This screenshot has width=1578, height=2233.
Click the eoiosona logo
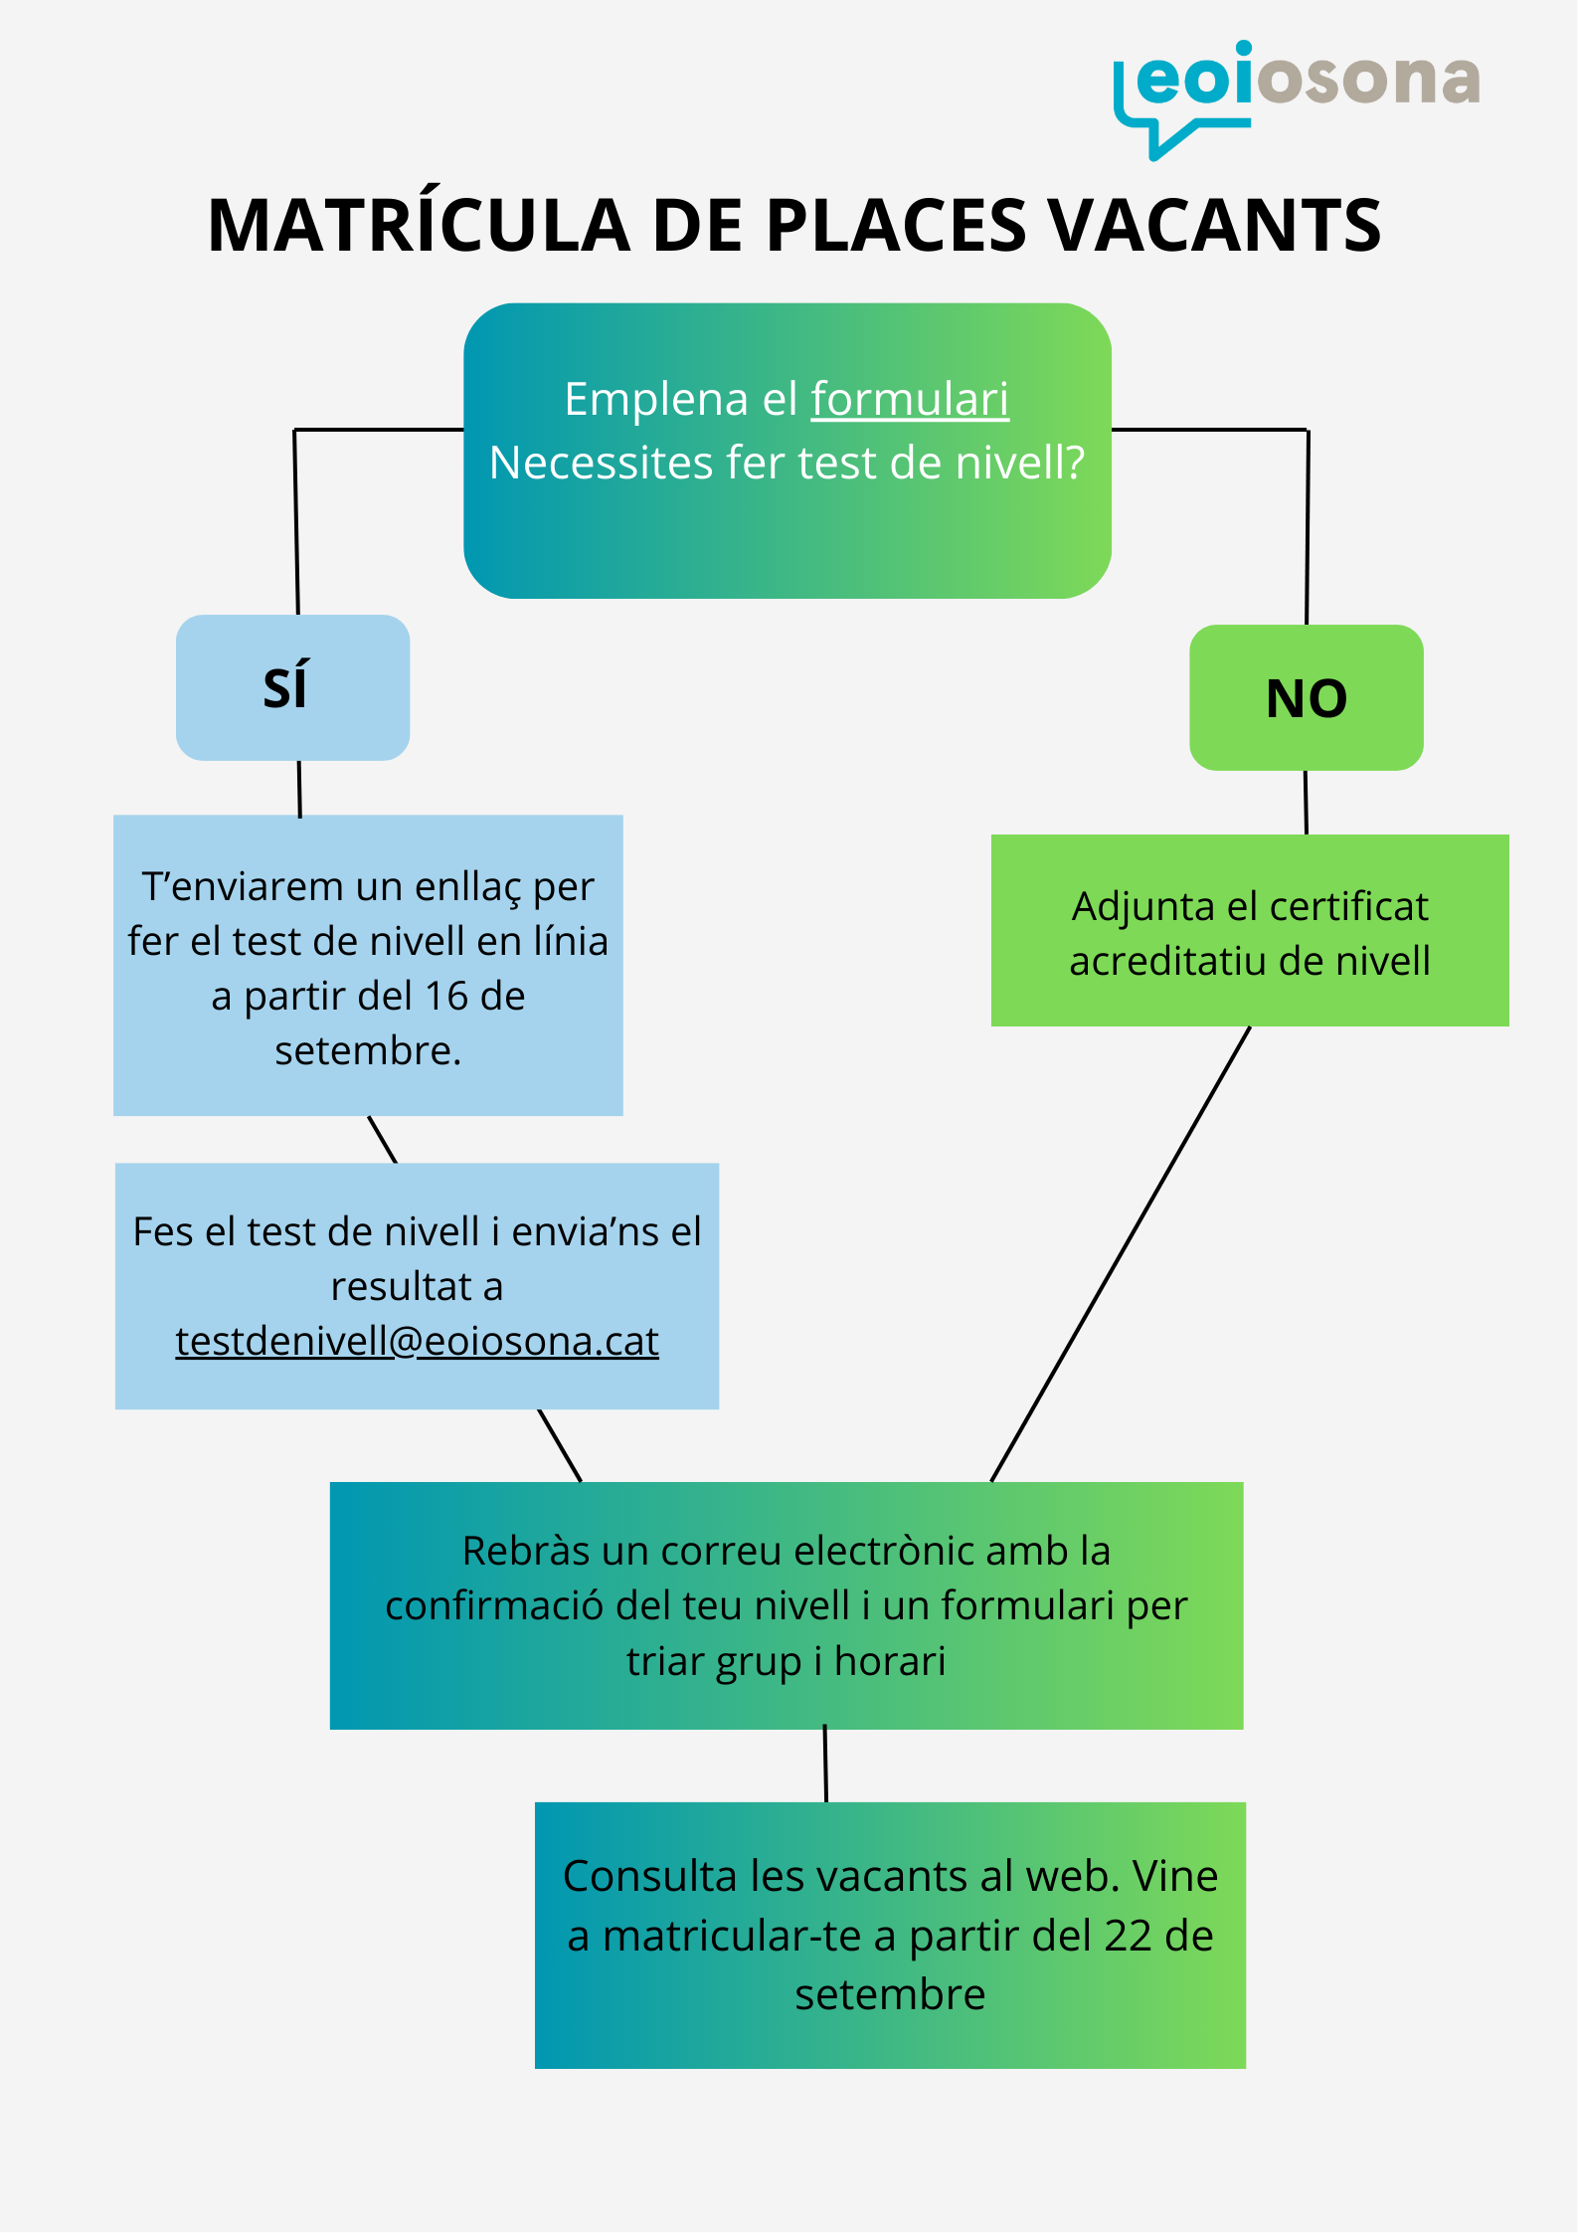tap(1296, 94)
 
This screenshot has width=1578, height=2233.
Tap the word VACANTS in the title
tap(1215, 226)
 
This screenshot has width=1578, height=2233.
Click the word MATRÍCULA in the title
tap(419, 226)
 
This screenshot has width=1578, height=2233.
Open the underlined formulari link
tap(910, 400)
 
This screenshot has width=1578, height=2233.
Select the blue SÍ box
tap(292, 687)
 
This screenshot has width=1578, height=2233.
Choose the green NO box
tap(1306, 697)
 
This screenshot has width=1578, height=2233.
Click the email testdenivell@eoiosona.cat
tap(417, 1342)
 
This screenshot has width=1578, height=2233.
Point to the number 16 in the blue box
tap(445, 996)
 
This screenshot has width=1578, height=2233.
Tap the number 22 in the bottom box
tap(1128, 1936)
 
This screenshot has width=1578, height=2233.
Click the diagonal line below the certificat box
tap(1121, 1253)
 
